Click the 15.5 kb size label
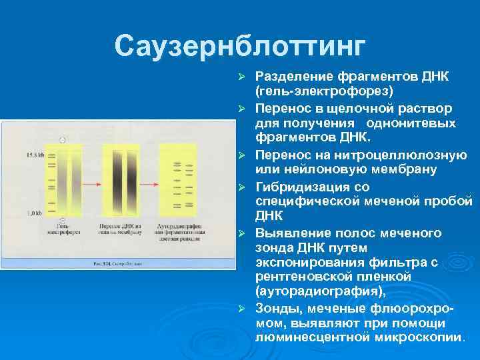click(x=35, y=155)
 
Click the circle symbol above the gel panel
click(x=62, y=139)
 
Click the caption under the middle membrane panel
click(x=121, y=231)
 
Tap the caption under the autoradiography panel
click(x=181, y=234)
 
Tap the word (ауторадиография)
click(x=320, y=291)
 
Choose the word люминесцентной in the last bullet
click(x=313, y=337)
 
